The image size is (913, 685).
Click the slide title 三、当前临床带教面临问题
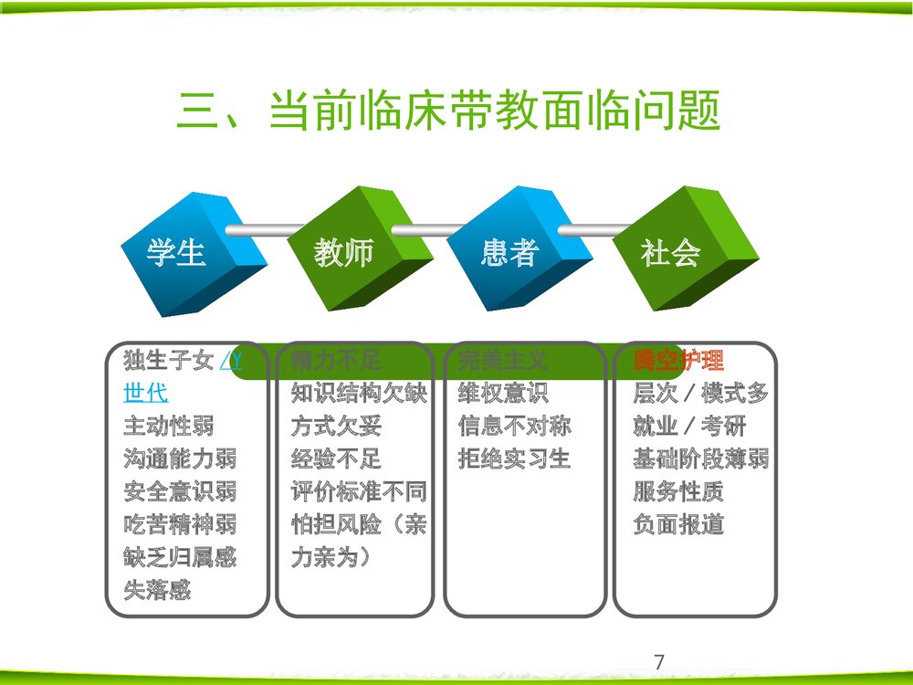click(449, 111)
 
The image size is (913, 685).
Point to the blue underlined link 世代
click(145, 394)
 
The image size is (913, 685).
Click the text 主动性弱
click(168, 426)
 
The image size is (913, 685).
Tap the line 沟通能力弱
click(179, 458)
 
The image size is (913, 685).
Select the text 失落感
click(157, 590)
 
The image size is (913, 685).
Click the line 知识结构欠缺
click(358, 394)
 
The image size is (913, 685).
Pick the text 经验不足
click(336, 458)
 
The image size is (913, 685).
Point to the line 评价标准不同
click(358, 491)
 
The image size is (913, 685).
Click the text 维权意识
click(503, 394)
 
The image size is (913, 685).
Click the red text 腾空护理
click(678, 361)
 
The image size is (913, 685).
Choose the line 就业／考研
click(689, 426)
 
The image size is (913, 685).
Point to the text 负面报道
click(678, 524)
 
